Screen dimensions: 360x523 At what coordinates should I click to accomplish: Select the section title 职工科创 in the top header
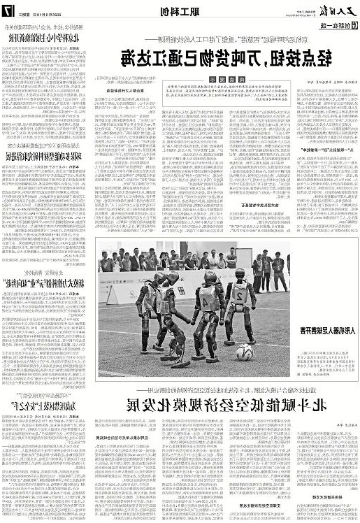click(x=175, y=10)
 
